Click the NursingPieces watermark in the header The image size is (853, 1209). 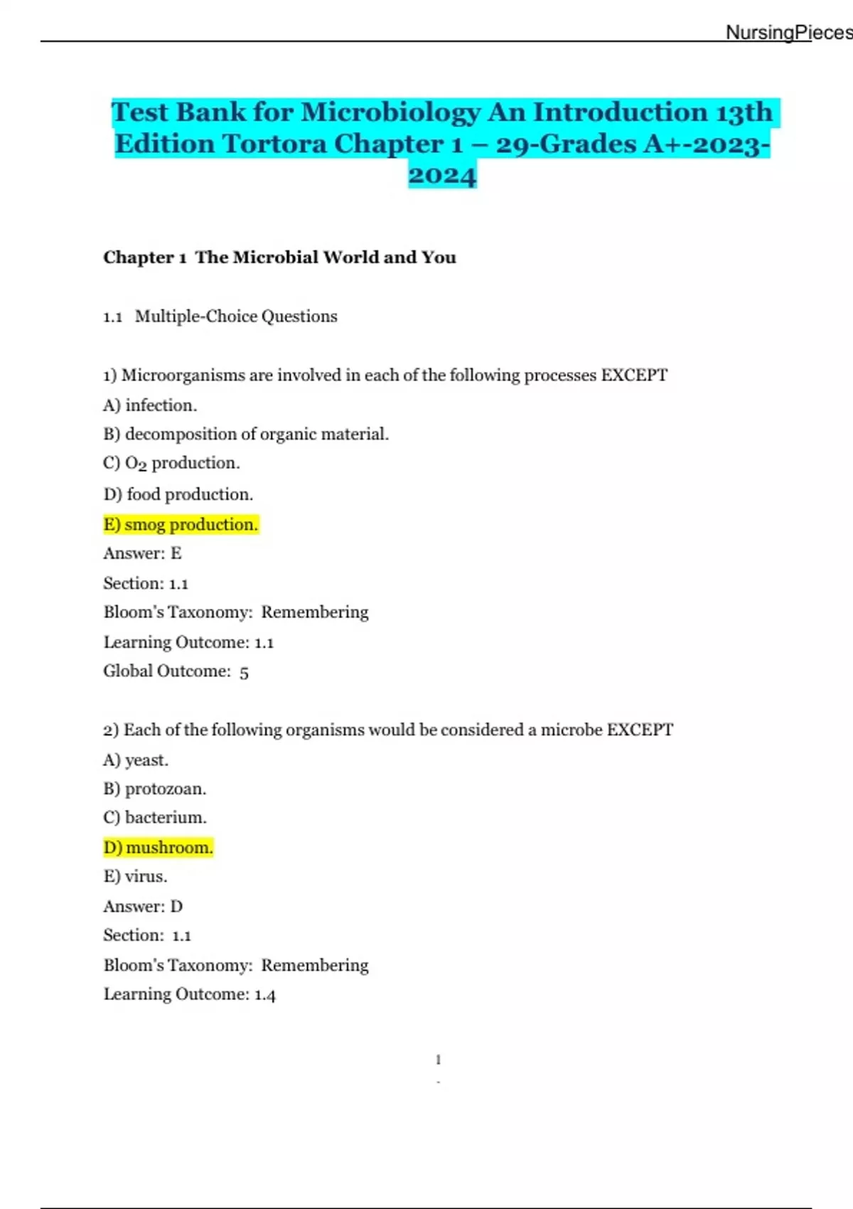tap(788, 33)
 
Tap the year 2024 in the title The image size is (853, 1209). tap(441, 176)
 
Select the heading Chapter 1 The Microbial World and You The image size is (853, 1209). tap(279, 257)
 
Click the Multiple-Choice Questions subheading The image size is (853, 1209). tap(235, 316)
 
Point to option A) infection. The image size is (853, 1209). tap(150, 405)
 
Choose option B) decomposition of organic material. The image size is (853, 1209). tap(246, 434)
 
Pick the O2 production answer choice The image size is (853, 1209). tap(171, 464)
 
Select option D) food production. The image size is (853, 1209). tap(178, 494)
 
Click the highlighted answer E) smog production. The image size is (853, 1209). tap(181, 525)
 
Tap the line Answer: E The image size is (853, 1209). tap(142, 553)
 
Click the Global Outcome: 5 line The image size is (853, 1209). tap(176, 671)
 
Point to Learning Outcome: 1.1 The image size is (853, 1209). tap(188, 642)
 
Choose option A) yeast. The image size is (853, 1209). tap(136, 760)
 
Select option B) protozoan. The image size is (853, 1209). tap(154, 789)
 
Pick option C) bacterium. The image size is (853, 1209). tap(155, 818)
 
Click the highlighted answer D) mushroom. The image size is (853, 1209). tap(158, 848)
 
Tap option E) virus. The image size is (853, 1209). tap(135, 876)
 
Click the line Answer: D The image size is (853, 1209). tap(143, 907)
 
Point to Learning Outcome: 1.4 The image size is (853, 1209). tap(189, 994)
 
